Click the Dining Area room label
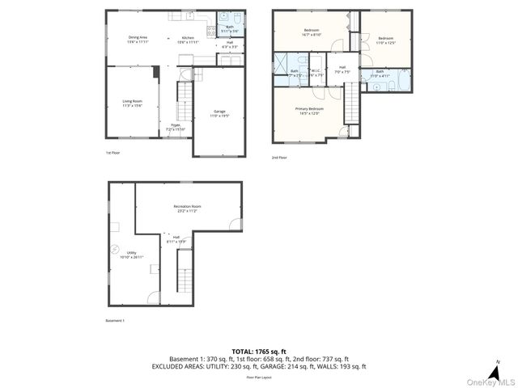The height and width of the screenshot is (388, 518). (138, 39)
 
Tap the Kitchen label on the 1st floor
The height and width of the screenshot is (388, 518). (188, 39)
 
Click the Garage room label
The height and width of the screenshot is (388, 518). (219, 113)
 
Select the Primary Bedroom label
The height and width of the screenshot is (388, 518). (309, 111)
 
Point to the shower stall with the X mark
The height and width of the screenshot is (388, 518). (282, 65)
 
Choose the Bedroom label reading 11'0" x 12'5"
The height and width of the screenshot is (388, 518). (385, 40)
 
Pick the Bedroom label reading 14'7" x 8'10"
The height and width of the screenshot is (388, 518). (312, 32)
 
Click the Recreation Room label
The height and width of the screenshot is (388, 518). (187, 209)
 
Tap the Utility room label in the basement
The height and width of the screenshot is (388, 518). (131, 255)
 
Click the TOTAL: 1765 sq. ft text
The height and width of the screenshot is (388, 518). (258, 351)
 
